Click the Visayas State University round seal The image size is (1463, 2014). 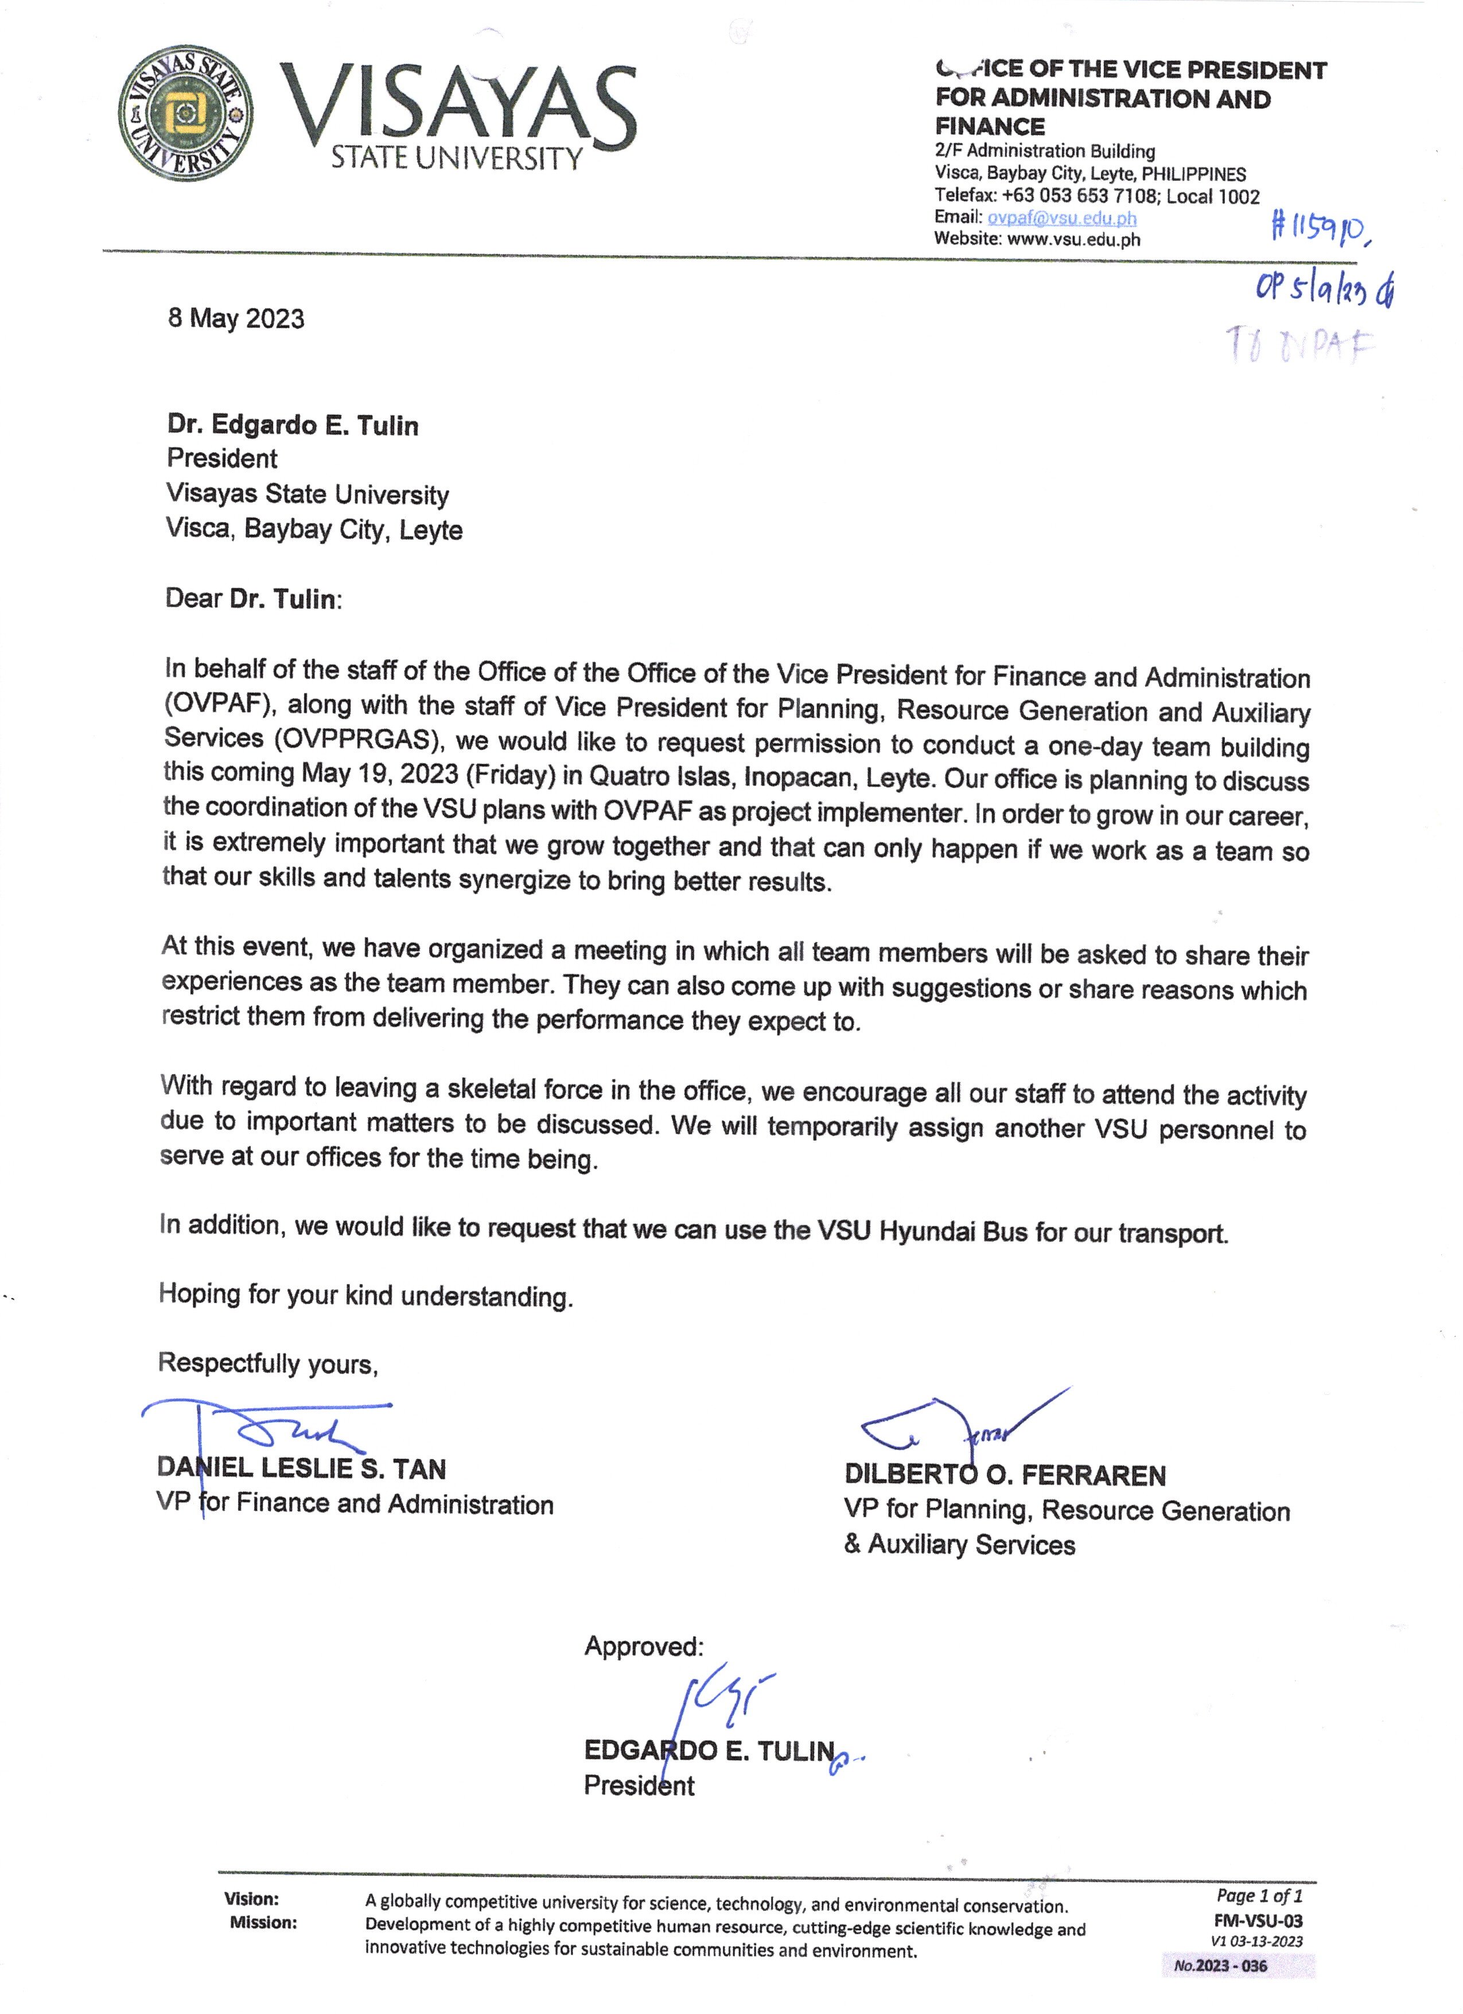[x=185, y=114]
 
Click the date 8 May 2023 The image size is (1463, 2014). [x=236, y=319]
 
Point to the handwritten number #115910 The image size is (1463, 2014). [x=1321, y=228]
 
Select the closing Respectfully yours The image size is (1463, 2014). [x=267, y=1363]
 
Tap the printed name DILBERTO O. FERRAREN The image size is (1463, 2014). [x=1005, y=1475]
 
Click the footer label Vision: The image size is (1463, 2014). [x=251, y=1899]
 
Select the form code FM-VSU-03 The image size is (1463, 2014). [x=1258, y=1921]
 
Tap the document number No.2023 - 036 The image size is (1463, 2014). [x=1221, y=1966]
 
